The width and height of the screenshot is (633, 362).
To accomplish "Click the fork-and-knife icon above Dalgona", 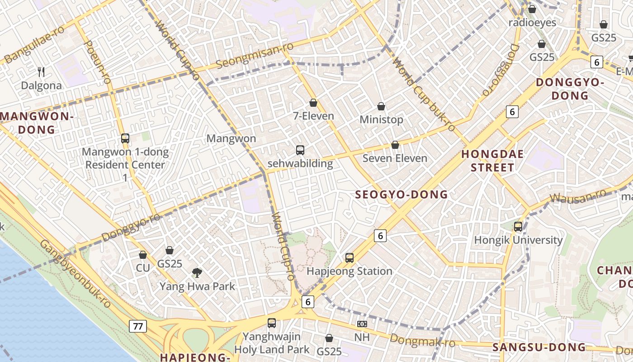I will point(41,71).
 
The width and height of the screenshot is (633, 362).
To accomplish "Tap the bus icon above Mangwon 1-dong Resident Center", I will point(125,138).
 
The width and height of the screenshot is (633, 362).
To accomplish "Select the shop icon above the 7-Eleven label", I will point(313,103).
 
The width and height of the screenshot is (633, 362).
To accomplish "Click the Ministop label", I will point(381,120).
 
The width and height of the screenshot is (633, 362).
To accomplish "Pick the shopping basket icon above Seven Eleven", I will point(395,145).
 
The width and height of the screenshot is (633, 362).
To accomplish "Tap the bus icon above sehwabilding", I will point(300,150).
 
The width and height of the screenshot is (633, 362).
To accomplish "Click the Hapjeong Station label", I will point(350,271).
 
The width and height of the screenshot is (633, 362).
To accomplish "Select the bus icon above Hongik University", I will point(518,227).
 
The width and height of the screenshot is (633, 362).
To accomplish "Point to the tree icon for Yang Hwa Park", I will point(197,272).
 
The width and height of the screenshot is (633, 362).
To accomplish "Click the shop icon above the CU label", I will point(143,255).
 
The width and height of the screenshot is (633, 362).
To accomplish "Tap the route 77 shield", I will point(138,326).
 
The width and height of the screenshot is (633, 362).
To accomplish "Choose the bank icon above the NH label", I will point(362,324).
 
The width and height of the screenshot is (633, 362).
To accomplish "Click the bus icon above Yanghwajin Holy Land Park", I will point(272,323).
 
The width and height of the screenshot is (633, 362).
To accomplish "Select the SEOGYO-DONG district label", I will point(401,195).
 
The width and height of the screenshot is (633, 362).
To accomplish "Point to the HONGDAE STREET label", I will point(492,161).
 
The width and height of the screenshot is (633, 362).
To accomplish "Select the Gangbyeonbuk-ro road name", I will point(75,274).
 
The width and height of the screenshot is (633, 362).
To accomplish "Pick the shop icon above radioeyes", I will point(532,9).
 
